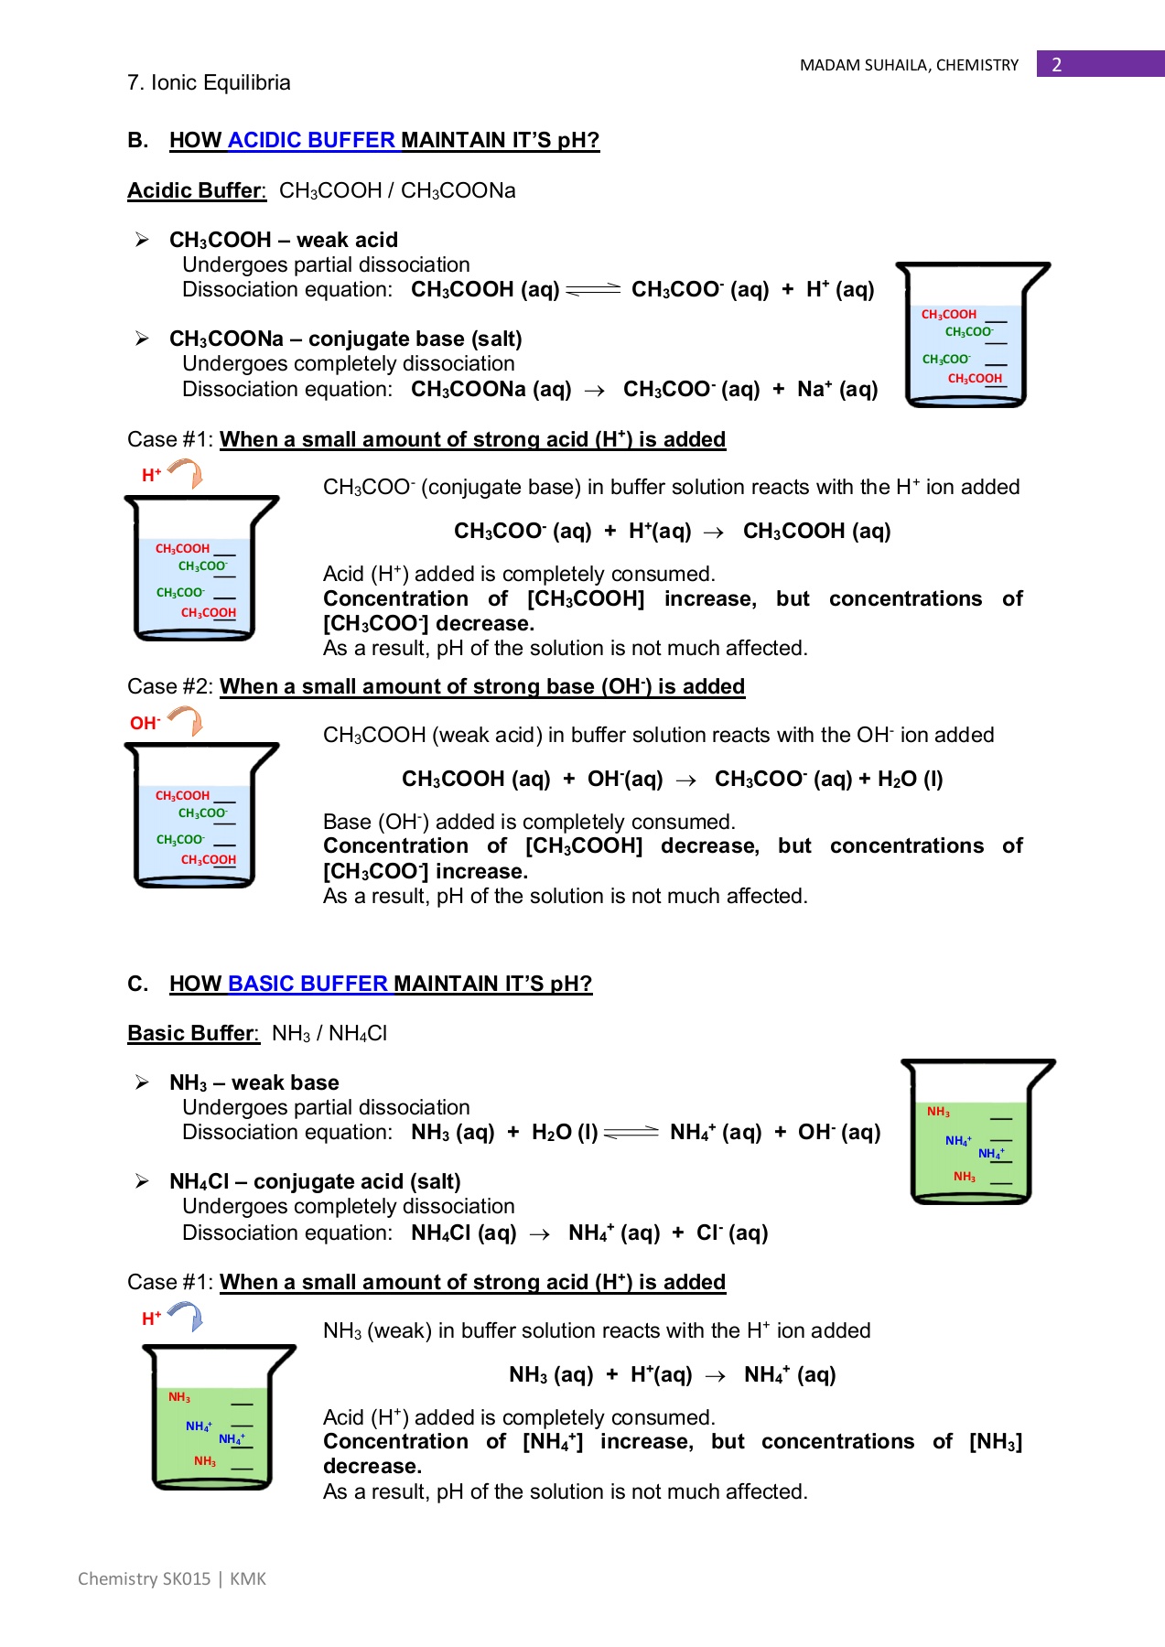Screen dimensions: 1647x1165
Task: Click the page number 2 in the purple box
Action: pos(1057,64)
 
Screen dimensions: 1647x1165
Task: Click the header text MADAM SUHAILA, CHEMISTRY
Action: pos(909,65)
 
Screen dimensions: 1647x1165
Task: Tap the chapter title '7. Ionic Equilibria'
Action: pos(209,82)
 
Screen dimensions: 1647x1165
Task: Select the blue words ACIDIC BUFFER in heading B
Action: pos(311,140)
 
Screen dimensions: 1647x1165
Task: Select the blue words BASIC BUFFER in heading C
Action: pos(307,984)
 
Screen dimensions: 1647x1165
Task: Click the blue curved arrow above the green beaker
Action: pos(188,1316)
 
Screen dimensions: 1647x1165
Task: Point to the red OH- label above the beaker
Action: pos(145,723)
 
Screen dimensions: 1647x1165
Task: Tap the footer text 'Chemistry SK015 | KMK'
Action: pos(172,1578)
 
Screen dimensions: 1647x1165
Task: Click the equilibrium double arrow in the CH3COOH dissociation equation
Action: pos(594,290)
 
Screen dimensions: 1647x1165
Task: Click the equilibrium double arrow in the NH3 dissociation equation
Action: pos(631,1133)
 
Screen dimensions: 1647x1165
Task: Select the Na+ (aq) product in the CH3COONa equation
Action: pos(836,389)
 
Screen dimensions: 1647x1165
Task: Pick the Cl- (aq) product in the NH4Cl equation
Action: pos(732,1233)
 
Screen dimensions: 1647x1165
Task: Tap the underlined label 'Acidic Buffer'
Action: pos(195,190)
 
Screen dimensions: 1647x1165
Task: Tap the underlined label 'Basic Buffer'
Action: pos(192,1033)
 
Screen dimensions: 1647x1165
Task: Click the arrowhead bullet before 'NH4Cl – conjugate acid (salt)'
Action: pos(143,1181)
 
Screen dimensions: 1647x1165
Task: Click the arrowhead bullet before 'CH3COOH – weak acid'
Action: pos(143,240)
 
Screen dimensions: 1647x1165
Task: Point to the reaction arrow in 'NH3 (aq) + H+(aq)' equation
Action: pos(716,1376)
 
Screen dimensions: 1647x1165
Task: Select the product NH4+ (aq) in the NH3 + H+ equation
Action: pos(790,1374)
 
